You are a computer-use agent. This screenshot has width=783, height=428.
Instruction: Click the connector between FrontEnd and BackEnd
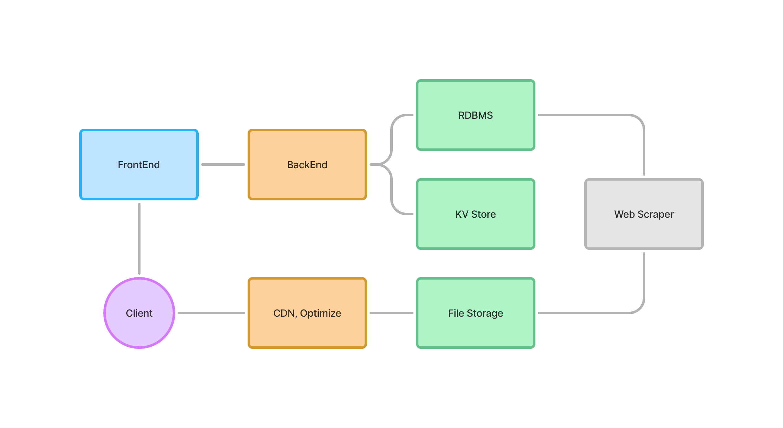[x=223, y=165]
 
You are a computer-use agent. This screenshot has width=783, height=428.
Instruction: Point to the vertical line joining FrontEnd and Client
[x=139, y=238]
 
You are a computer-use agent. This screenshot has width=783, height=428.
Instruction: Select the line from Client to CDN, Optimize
[x=211, y=313]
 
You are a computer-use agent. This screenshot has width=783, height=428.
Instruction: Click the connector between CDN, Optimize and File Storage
[x=391, y=313]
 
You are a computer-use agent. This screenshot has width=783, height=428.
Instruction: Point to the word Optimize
[x=320, y=313]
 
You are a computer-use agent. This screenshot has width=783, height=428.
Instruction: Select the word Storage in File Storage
[x=485, y=313]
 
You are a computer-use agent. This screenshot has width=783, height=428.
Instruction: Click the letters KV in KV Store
[x=461, y=214]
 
